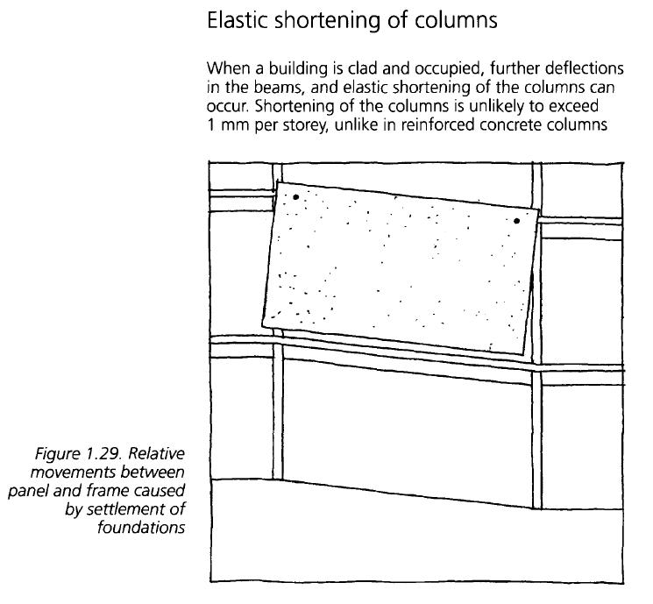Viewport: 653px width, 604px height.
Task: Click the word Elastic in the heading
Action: point(236,20)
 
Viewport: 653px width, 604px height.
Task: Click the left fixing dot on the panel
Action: point(296,197)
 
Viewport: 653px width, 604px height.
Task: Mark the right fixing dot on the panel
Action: point(517,221)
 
